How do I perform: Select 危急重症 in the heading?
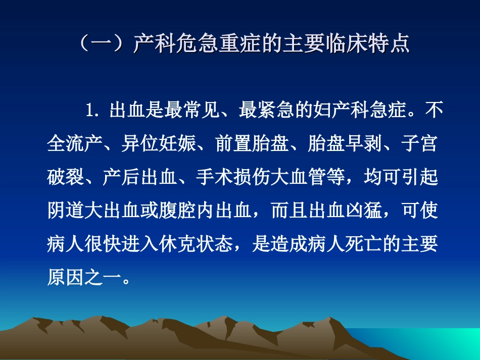[218, 43]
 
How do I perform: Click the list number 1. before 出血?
[92, 110]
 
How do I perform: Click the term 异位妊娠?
[159, 143]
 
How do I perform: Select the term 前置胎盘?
[252, 143]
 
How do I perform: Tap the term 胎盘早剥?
[345, 143]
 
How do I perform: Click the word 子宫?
[419, 143]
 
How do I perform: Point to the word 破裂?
[66, 177]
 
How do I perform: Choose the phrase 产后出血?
[140, 177]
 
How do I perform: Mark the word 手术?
[215, 177]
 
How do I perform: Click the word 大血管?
[299, 177]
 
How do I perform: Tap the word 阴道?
[66, 211]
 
